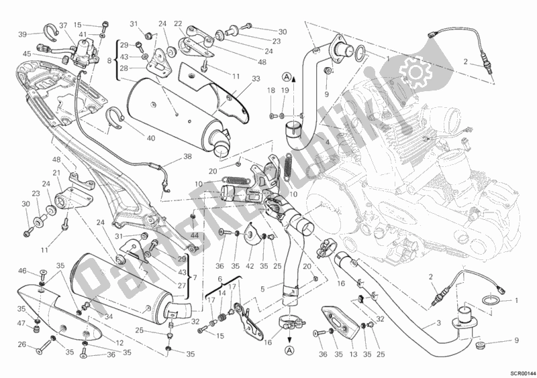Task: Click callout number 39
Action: pyautogui.click(x=22, y=34)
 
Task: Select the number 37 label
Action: pyautogui.click(x=63, y=26)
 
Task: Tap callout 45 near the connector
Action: pyautogui.click(x=26, y=54)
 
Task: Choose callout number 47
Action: pyautogui.click(x=23, y=324)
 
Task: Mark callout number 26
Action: pyautogui.click(x=22, y=346)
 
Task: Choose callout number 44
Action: pyautogui.click(x=195, y=237)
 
